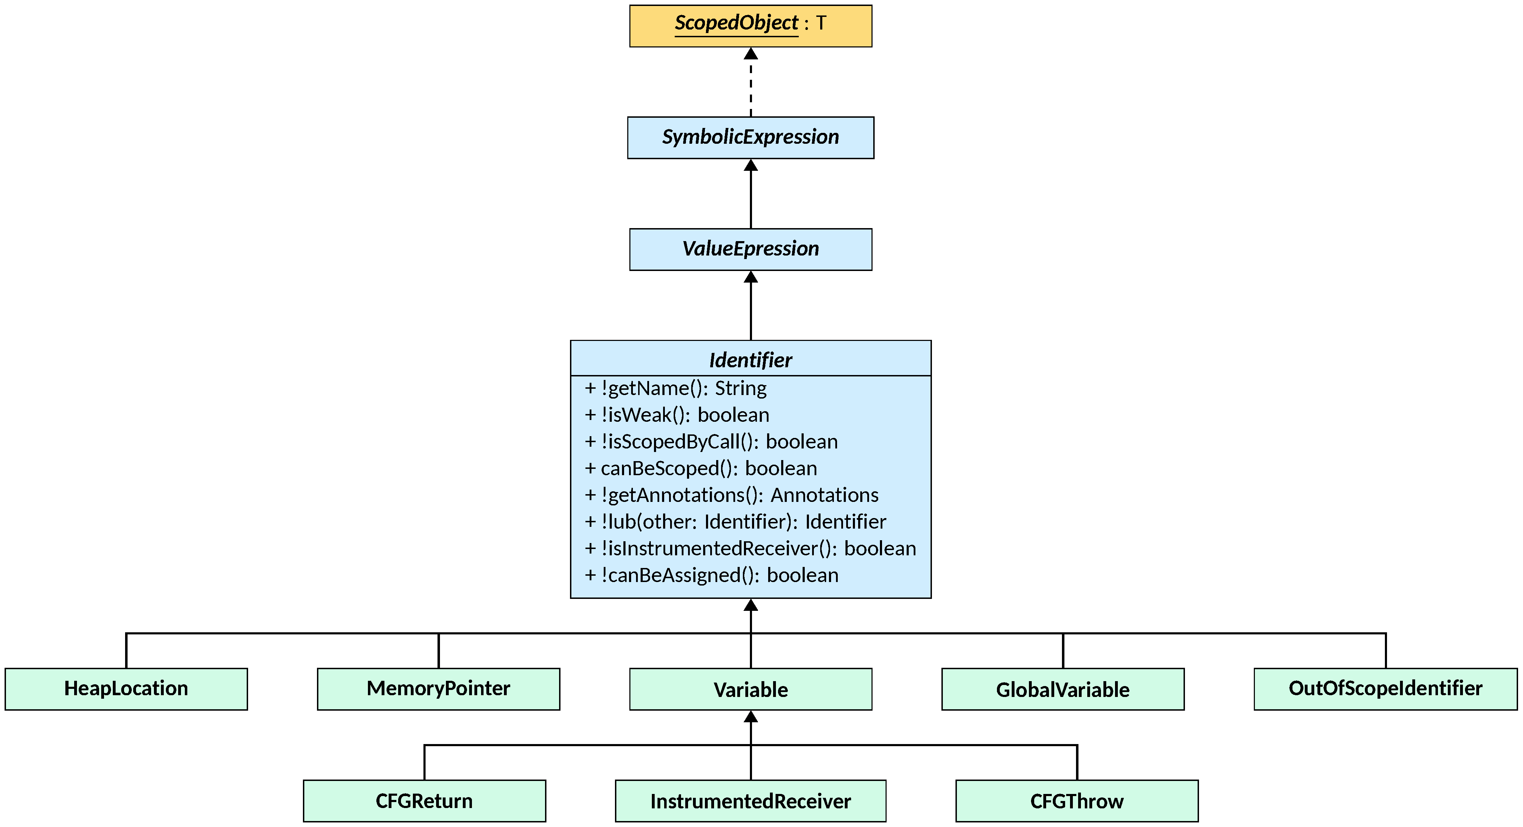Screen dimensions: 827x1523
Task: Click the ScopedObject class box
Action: coord(750,25)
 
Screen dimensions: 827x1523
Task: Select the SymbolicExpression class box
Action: coord(750,137)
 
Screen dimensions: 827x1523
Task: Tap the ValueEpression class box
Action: coord(750,249)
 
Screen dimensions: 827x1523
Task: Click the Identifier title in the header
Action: coord(750,360)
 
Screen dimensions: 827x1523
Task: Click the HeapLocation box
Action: coord(126,689)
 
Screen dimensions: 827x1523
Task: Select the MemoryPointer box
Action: coord(438,689)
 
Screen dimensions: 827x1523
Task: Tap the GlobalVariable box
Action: coord(1062,689)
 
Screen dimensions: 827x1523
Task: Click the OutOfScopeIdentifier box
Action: coord(1385,689)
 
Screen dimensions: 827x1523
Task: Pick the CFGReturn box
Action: coord(424,801)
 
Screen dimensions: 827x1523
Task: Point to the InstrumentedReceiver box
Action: coord(750,801)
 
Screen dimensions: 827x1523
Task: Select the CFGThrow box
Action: coord(1077,801)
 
